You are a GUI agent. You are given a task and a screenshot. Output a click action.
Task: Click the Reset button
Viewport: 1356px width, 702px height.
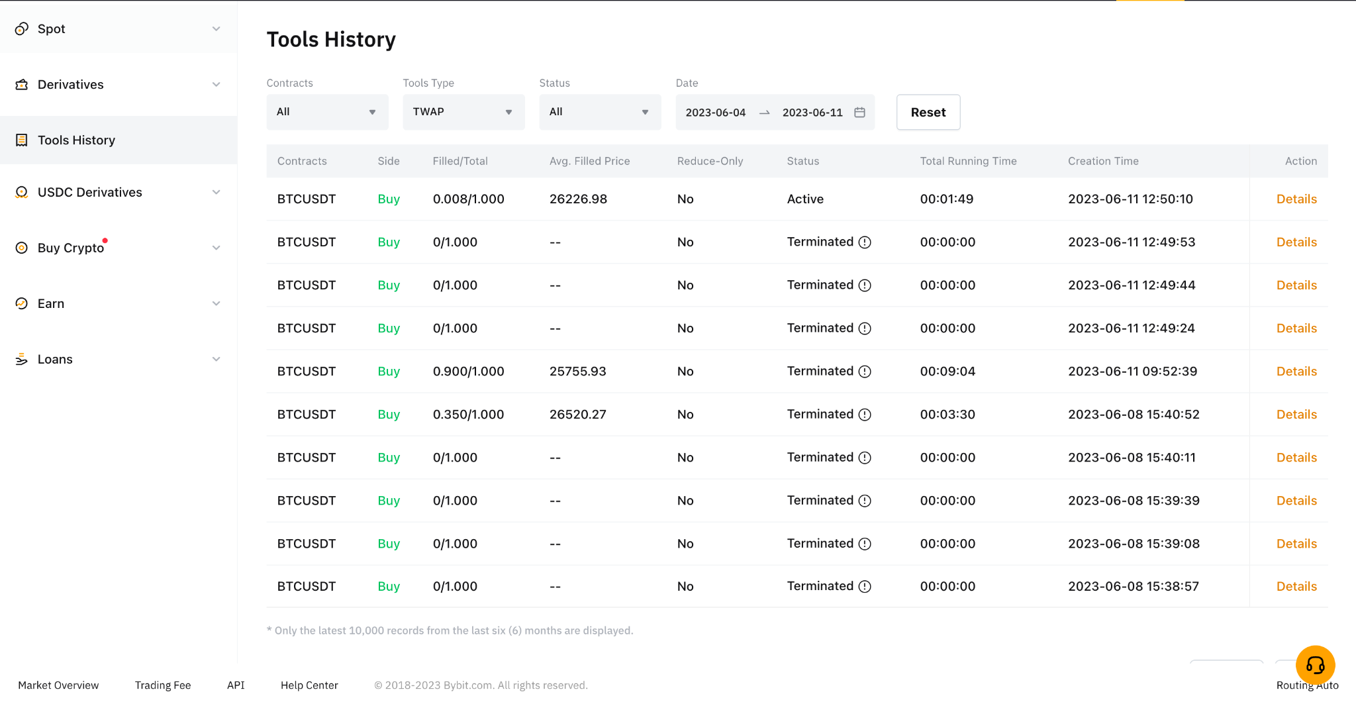(x=928, y=112)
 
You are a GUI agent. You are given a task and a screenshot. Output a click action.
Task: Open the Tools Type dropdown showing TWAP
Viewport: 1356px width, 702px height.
(x=463, y=112)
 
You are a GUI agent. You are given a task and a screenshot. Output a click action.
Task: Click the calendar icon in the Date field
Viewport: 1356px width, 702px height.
(x=859, y=113)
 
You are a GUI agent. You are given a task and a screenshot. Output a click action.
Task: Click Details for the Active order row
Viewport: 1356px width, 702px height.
(x=1296, y=199)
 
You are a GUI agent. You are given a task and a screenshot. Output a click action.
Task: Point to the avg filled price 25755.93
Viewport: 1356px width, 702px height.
(x=578, y=372)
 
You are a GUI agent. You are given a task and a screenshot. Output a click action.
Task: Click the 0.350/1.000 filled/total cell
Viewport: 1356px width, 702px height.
(x=468, y=415)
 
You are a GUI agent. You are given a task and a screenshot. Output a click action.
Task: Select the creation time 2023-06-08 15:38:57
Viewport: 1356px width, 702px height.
(x=1134, y=586)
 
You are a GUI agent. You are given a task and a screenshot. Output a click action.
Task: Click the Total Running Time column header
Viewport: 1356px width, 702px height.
(x=968, y=161)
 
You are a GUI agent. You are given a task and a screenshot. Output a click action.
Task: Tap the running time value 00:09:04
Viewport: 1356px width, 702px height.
(x=947, y=372)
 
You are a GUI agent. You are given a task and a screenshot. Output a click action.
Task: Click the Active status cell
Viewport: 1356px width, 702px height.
(x=805, y=199)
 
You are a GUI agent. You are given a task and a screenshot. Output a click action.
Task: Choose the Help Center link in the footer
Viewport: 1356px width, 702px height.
(x=309, y=685)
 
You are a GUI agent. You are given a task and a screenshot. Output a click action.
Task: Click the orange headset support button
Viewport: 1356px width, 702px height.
(x=1316, y=664)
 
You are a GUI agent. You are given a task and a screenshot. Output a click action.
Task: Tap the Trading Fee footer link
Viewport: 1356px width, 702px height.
(x=163, y=685)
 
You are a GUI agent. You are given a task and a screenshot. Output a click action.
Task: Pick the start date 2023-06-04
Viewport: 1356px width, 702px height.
(x=716, y=113)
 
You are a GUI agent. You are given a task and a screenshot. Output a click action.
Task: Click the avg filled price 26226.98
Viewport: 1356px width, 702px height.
(x=578, y=199)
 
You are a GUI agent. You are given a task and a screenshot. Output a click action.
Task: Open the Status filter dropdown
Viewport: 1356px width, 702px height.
(x=600, y=112)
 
